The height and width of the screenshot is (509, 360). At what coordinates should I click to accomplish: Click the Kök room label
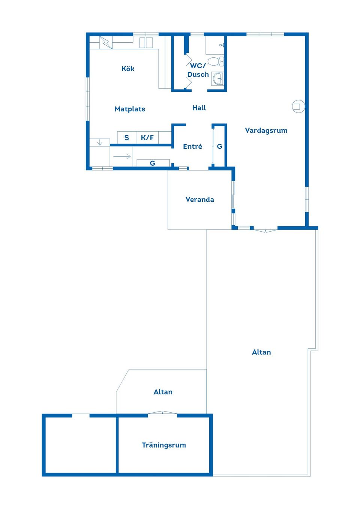click(x=127, y=69)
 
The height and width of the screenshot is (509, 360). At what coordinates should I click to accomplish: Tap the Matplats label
click(x=130, y=109)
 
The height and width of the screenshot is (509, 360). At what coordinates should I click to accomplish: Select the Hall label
click(x=199, y=108)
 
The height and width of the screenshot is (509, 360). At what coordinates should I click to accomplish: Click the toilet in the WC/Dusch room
click(x=216, y=61)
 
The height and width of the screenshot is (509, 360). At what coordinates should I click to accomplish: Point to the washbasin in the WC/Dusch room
click(x=217, y=79)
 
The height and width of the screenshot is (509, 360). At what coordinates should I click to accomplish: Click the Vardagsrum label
click(x=266, y=130)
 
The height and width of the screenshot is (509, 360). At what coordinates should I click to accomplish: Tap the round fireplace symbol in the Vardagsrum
click(x=298, y=106)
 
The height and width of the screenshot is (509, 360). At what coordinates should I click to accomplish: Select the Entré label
click(x=192, y=147)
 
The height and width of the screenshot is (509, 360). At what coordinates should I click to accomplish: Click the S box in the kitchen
click(x=127, y=138)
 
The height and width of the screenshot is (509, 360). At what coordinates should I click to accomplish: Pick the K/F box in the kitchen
click(x=147, y=138)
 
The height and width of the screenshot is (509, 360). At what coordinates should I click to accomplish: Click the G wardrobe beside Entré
click(x=219, y=147)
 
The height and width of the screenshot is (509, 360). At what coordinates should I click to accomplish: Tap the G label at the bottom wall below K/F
click(x=153, y=163)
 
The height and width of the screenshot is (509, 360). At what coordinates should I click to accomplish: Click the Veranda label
click(x=199, y=199)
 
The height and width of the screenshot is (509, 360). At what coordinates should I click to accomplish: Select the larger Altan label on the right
click(x=261, y=352)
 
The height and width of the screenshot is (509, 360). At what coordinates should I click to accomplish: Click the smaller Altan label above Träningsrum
click(x=163, y=392)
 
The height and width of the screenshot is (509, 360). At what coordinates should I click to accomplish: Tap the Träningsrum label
click(x=164, y=445)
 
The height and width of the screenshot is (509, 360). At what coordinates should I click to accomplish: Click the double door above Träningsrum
click(x=162, y=413)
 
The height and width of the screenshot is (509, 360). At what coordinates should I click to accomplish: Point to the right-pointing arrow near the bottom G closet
click(x=122, y=156)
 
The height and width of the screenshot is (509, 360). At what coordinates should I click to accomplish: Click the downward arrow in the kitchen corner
click(x=99, y=142)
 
